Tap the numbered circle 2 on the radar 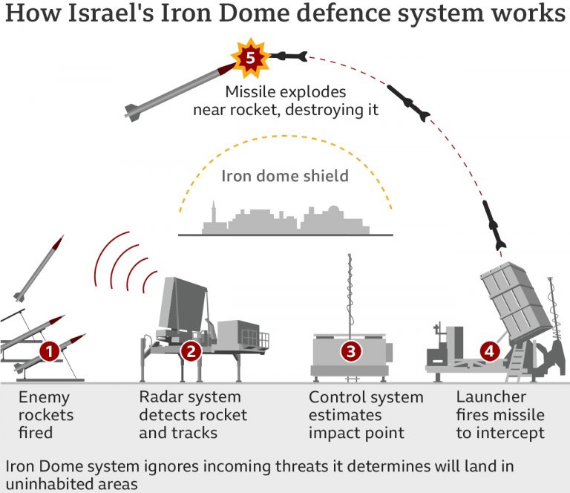191,351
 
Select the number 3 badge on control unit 351,351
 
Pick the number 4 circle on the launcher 488,351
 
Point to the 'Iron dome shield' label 285,176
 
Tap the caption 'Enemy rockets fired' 46,414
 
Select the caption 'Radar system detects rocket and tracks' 193,414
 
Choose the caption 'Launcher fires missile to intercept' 500,414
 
